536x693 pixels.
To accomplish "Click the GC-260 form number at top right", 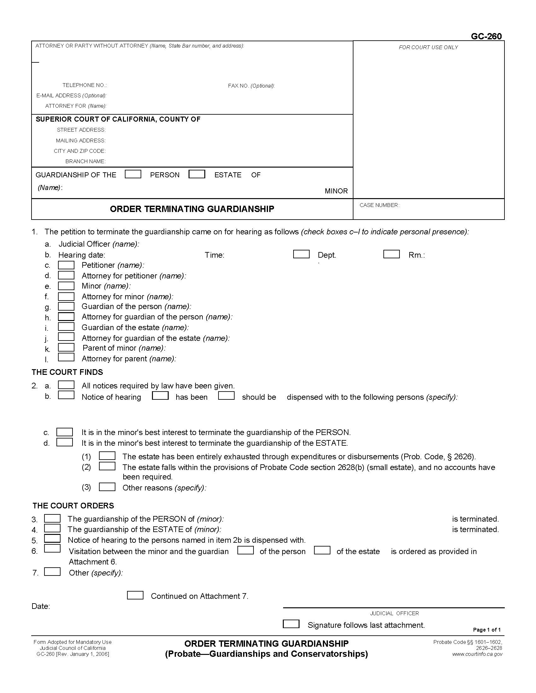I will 486,36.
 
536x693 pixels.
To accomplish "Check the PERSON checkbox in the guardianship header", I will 133,174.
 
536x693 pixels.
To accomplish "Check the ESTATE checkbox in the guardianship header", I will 196,174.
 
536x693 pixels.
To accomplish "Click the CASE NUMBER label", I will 379,205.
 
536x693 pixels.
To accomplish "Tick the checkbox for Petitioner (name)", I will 66,265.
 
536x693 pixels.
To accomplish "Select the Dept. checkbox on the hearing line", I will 301,254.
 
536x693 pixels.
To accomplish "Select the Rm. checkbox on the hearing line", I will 391,254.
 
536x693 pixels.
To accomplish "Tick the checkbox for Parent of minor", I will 66,347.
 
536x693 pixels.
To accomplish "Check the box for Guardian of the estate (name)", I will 66,327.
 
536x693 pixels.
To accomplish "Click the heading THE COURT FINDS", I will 67,372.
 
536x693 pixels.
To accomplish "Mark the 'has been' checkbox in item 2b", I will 160,396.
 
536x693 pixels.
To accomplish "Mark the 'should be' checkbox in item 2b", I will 226,396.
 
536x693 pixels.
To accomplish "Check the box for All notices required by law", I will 66,385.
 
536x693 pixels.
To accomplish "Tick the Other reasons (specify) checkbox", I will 107,487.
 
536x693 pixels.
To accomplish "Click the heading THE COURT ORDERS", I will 73,506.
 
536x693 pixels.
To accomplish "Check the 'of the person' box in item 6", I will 245,550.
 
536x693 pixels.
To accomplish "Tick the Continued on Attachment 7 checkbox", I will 135,595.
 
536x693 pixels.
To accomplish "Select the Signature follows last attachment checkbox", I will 291,624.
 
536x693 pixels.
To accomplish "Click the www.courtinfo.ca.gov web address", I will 477,654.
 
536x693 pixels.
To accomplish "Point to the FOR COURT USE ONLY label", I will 428,47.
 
